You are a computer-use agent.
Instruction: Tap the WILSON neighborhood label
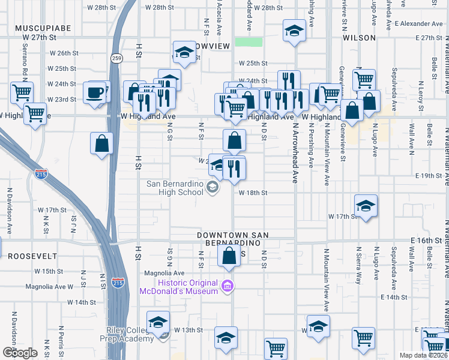pyautogui.click(x=359, y=37)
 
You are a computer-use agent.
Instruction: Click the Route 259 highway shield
pyautogui.click(x=116, y=58)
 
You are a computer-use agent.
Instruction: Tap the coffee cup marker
pyautogui.click(x=95, y=94)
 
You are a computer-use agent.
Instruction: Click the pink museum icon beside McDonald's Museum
pyautogui.click(x=227, y=284)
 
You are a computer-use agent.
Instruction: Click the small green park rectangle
pyautogui.click(x=249, y=42)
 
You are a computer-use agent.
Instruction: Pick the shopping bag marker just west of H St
pyautogui.click(x=102, y=144)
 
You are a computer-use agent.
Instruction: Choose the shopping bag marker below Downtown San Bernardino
pyautogui.click(x=229, y=256)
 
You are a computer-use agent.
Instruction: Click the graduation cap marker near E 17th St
pyautogui.click(x=366, y=206)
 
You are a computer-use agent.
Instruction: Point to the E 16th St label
pyautogui.click(x=426, y=240)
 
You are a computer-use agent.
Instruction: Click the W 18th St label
pyautogui.click(x=253, y=193)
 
